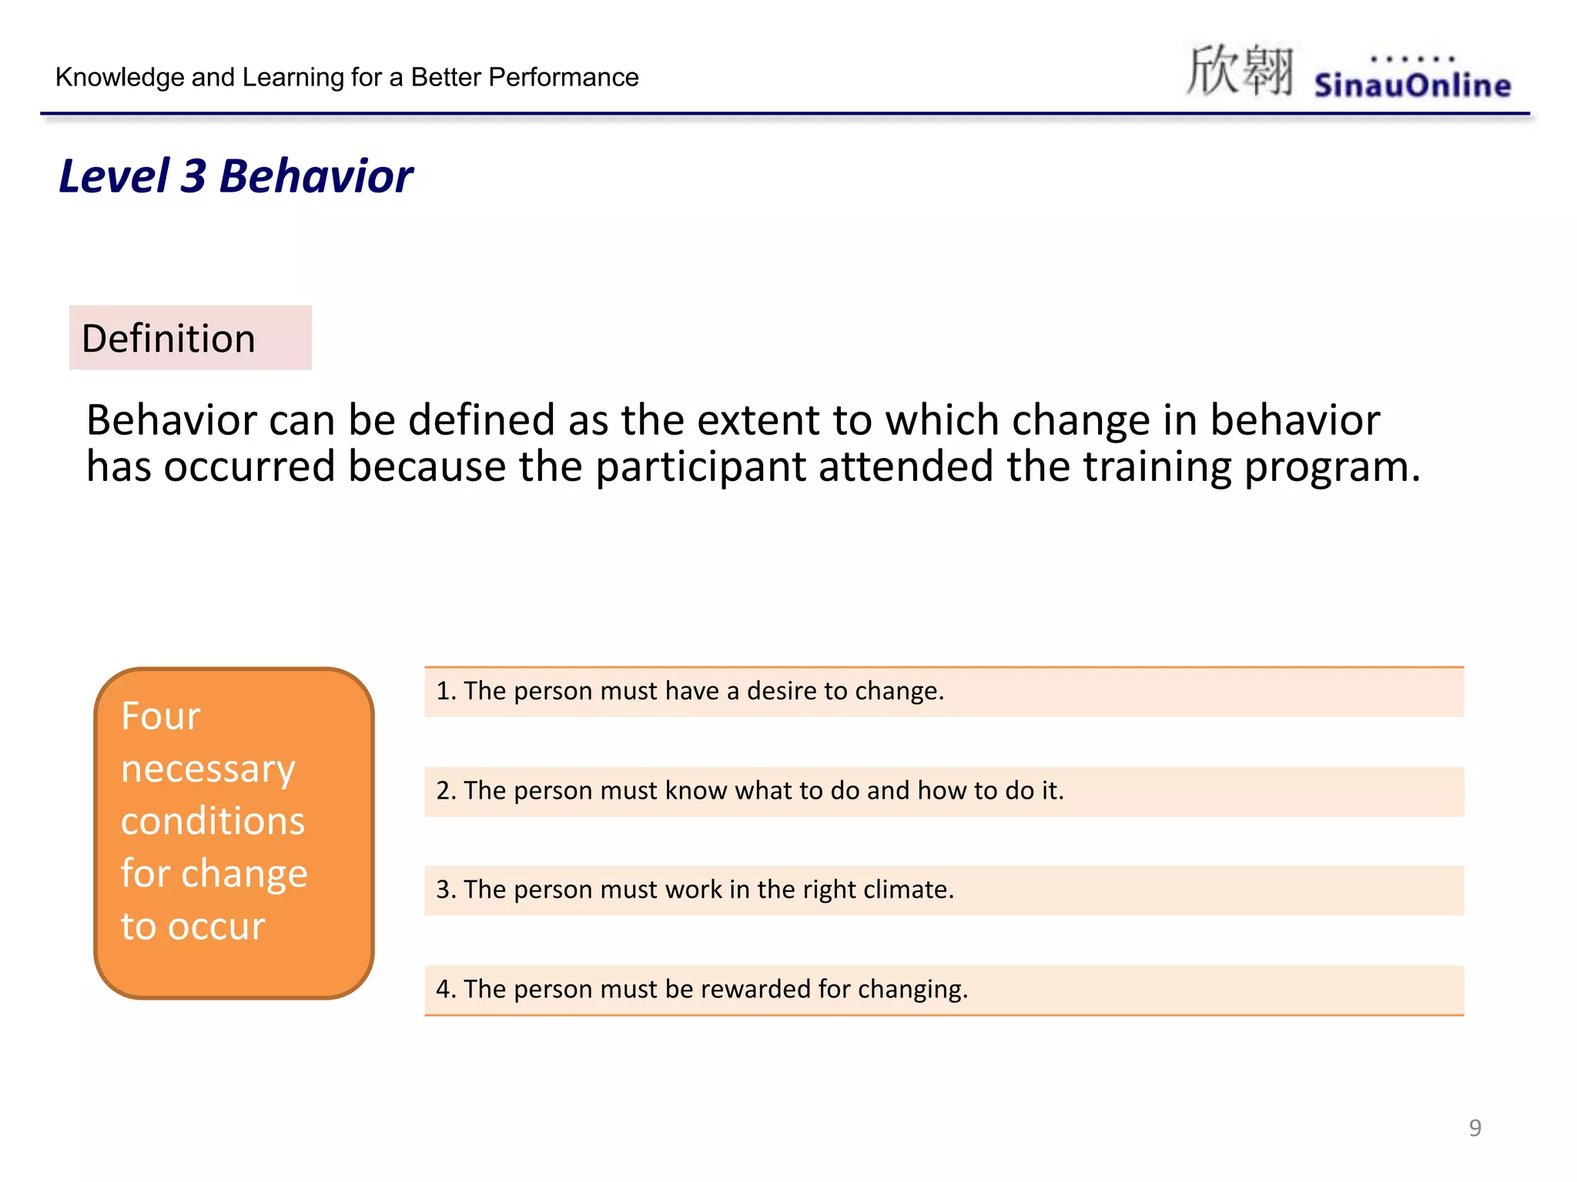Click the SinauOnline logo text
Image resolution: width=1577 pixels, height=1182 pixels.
[x=1411, y=85]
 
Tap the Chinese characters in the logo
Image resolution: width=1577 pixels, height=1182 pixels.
[x=1239, y=71]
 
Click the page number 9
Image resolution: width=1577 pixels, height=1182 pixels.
[x=1475, y=1127]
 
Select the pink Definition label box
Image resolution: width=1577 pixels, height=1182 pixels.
[x=190, y=338]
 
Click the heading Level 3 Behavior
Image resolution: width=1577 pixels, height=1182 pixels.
[x=236, y=176]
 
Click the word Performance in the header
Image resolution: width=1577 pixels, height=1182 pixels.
[x=563, y=77]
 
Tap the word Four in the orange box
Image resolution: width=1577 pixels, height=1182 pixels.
[x=161, y=716]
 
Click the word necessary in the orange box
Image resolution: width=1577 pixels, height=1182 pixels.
[x=208, y=769]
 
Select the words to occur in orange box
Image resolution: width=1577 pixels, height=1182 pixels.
[x=193, y=926]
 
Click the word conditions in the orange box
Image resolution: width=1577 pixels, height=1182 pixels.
[x=213, y=821]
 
